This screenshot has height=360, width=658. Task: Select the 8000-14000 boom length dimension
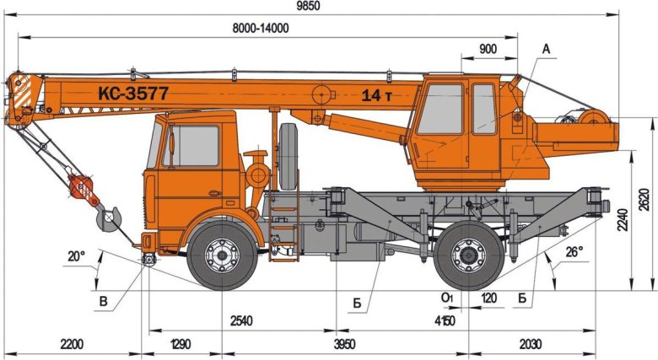coord(261,28)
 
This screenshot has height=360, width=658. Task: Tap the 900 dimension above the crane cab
coord(487,49)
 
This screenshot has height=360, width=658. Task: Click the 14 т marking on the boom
coord(376,95)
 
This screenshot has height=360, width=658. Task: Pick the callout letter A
coord(546,49)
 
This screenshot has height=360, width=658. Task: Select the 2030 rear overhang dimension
coord(530,344)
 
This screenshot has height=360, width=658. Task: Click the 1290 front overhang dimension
coord(181,344)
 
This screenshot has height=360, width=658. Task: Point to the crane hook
coord(108,220)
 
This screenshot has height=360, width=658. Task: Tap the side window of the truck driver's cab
coord(192,145)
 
